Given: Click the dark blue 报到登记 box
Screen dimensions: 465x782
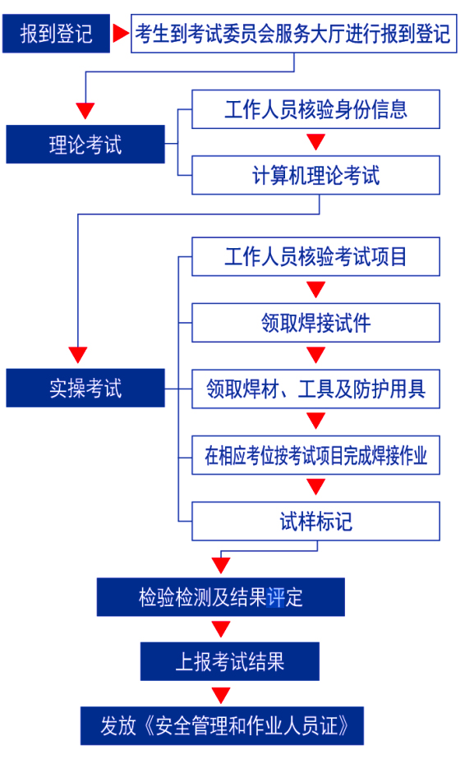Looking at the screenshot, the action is pyautogui.click(x=56, y=34).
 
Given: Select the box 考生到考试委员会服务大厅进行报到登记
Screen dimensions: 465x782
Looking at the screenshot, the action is pyautogui.click(x=294, y=34).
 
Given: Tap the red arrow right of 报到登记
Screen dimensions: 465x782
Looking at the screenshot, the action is pyautogui.click(x=121, y=34).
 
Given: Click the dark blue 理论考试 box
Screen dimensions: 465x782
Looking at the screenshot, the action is pyautogui.click(x=85, y=144).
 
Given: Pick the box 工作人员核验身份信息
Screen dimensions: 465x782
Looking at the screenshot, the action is pyautogui.click(x=315, y=109).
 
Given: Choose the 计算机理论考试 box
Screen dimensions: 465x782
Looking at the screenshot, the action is pyautogui.click(x=315, y=175).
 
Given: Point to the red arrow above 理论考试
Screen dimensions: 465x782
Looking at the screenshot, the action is pyautogui.click(x=85, y=111).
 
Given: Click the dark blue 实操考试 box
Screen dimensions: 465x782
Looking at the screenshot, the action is pyautogui.click(x=85, y=388).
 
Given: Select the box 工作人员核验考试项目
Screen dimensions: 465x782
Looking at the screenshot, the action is pyautogui.click(x=315, y=256).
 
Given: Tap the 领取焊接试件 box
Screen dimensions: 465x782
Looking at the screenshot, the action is pyautogui.click(x=315, y=323).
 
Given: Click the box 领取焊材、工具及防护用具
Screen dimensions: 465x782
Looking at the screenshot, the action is pyautogui.click(x=315, y=389).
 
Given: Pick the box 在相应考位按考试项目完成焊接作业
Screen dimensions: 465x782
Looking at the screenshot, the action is pyautogui.click(x=315, y=455).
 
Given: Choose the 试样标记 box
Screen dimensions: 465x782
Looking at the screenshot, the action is pyautogui.click(x=315, y=521).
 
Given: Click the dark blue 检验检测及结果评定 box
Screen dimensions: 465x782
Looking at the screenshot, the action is pyautogui.click(x=220, y=597).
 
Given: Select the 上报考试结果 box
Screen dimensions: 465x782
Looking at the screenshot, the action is pyautogui.click(x=229, y=661).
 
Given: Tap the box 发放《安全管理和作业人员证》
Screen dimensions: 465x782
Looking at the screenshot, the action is pyautogui.click(x=222, y=725).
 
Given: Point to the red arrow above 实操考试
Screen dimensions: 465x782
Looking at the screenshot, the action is pyautogui.click(x=78, y=355).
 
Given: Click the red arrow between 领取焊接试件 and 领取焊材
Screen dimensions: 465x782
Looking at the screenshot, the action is pyautogui.click(x=315, y=355).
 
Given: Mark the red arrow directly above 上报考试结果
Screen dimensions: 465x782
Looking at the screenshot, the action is pyautogui.click(x=220, y=629).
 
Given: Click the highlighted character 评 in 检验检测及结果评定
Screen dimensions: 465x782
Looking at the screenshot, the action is pyautogui.click(x=275, y=597).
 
